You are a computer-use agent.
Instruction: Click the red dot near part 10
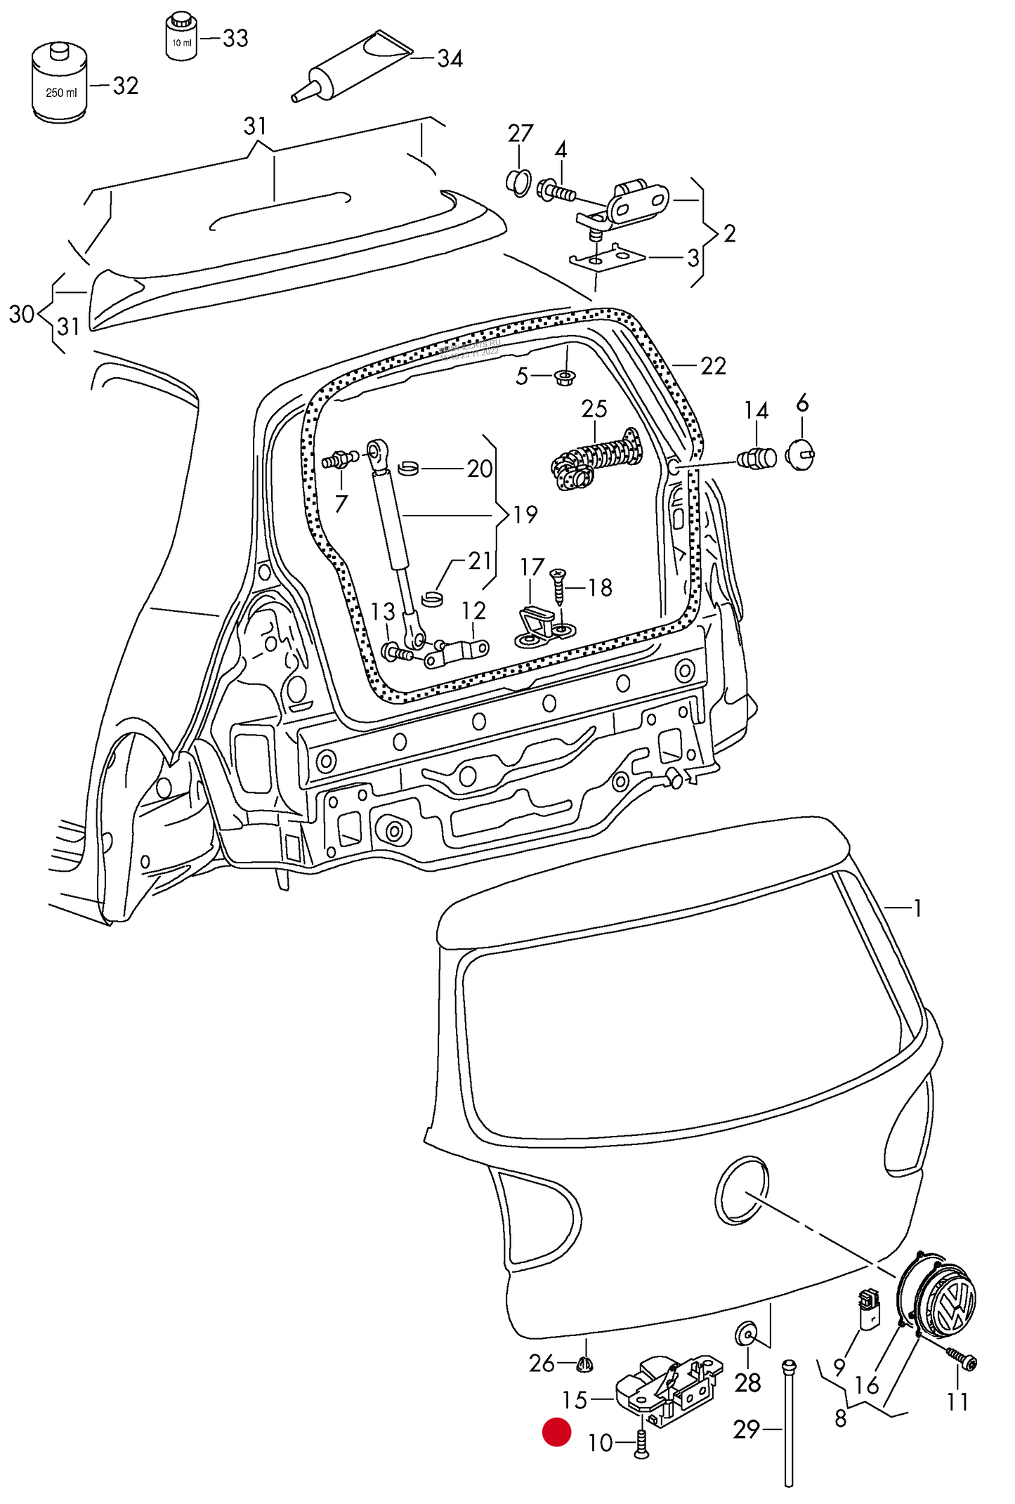coord(556,1432)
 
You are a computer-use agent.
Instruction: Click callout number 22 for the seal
coord(713,366)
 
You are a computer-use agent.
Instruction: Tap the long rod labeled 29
coord(788,1423)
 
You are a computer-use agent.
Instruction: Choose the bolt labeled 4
coord(556,190)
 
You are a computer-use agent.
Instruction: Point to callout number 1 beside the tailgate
coord(917,908)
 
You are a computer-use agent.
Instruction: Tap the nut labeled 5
coord(565,377)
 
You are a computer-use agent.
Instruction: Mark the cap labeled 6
coord(799,455)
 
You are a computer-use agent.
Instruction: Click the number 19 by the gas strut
coord(525,515)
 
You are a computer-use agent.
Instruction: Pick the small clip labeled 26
coord(584,1364)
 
